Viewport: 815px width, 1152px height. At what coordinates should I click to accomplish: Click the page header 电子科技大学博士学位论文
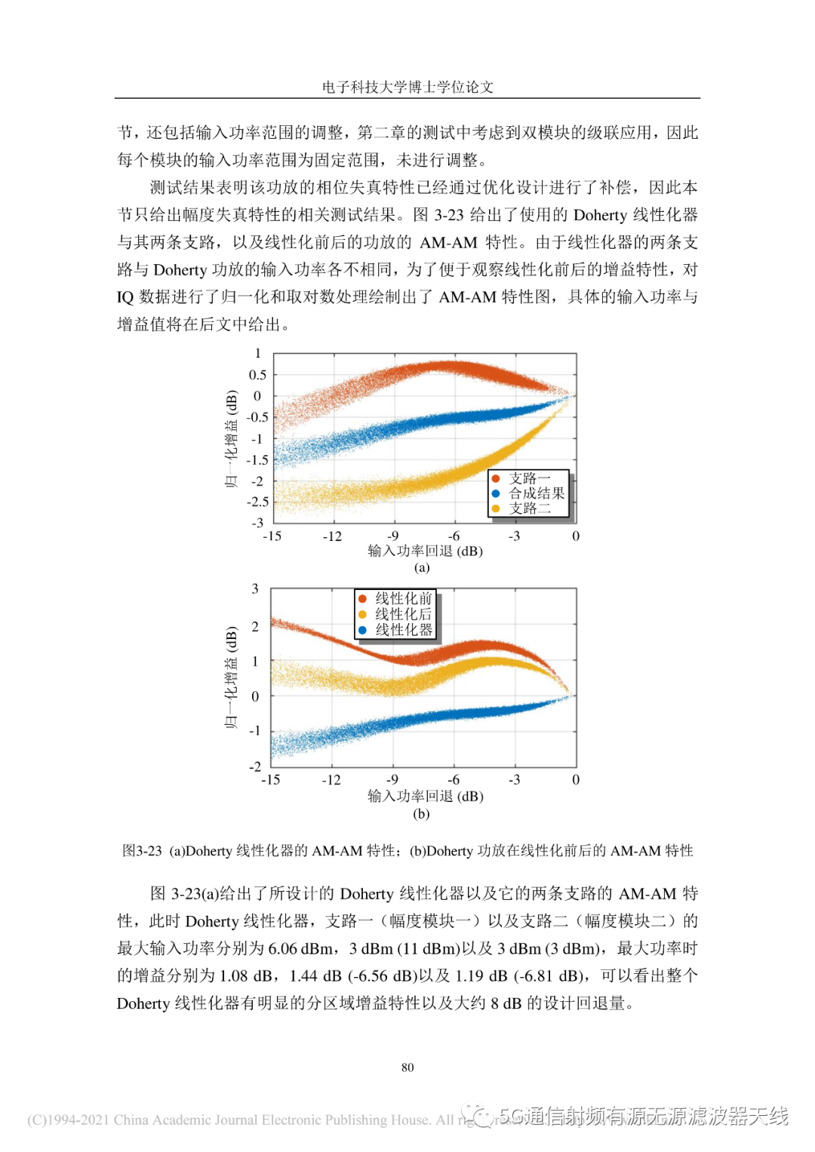407,87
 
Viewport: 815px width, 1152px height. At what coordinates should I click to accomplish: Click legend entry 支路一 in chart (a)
529,478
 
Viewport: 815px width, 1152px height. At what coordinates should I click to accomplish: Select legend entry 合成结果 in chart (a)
536,493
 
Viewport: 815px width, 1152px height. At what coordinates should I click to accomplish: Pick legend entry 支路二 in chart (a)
529,508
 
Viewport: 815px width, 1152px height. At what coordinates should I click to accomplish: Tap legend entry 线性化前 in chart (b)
403,598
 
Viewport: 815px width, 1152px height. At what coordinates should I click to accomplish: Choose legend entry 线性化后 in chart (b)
403,614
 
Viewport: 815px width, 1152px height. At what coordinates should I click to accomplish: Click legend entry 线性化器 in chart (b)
403,630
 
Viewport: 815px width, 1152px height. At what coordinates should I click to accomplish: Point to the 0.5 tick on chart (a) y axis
257,375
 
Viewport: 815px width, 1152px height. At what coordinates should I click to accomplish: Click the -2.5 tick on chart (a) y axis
257,502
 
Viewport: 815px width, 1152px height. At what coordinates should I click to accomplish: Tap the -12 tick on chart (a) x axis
332,536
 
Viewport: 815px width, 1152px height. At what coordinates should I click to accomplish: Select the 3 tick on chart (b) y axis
255,588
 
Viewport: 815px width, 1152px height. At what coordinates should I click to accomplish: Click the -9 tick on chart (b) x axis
392,780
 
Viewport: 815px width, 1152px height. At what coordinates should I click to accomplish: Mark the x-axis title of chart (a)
425,551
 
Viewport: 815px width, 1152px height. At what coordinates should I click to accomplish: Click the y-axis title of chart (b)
231,677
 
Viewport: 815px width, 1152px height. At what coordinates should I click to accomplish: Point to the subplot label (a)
422,568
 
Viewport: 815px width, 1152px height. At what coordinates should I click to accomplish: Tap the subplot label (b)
421,814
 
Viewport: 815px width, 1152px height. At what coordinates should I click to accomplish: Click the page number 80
407,1068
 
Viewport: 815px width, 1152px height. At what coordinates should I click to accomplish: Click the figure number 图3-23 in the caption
142,851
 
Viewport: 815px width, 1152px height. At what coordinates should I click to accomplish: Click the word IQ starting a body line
125,297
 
